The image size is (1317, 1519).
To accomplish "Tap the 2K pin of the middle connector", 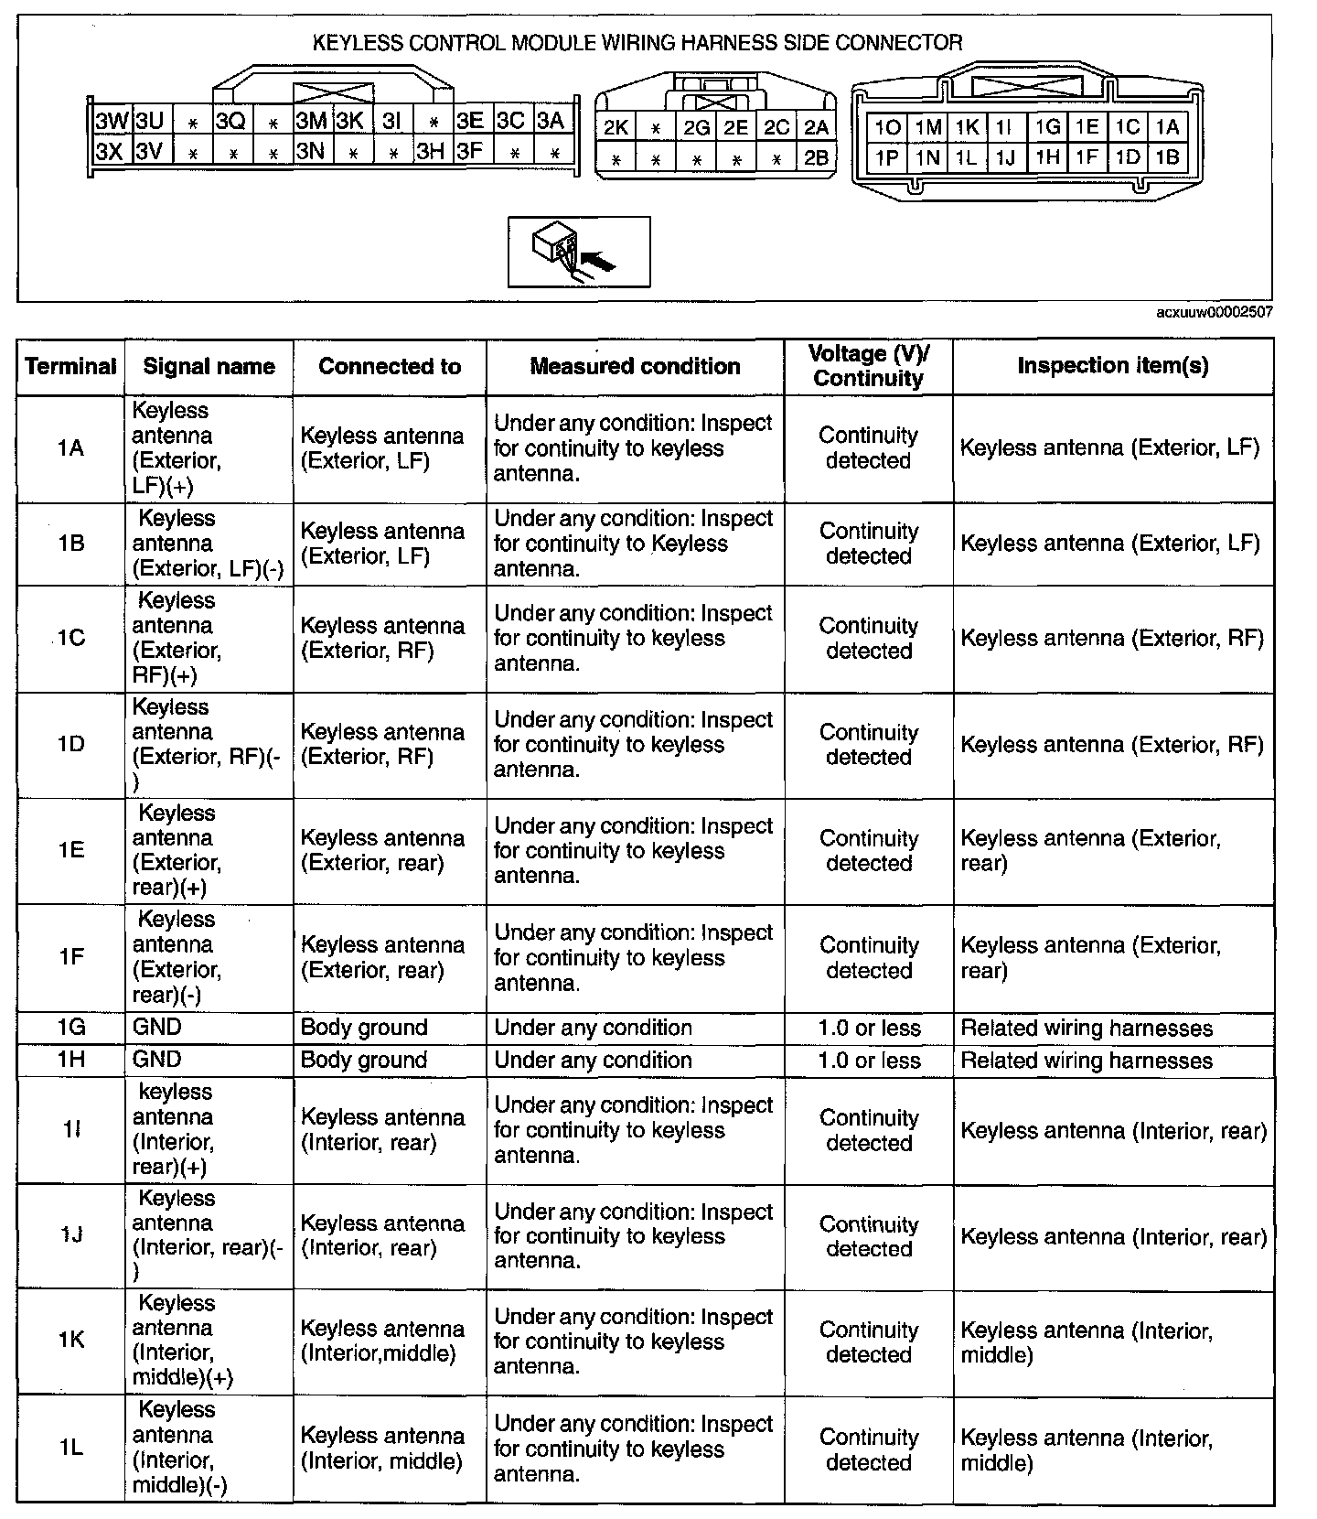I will point(616,128).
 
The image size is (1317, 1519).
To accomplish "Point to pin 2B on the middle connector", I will point(816,158).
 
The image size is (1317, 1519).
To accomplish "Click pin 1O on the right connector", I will point(887,128).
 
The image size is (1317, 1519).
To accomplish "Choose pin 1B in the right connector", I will point(1167,157).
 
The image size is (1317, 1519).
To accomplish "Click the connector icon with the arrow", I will point(578,252).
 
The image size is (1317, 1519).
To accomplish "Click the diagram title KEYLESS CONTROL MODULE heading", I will point(637,43).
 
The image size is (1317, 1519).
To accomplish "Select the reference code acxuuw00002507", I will point(1214,312).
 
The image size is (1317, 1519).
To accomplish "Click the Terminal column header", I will point(71,367).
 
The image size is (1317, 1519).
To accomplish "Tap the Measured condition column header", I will point(635,367).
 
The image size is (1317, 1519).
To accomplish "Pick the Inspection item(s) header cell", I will point(1112,366).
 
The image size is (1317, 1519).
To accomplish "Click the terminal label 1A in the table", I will point(70,448).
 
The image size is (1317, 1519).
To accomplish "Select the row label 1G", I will point(70,1028).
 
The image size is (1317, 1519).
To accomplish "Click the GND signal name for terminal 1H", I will point(157,1060).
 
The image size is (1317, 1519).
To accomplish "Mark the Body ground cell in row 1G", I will point(364,1028).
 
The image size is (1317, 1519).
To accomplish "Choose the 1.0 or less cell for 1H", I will point(869,1061).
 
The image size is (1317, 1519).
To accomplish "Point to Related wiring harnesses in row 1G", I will point(1087,1029).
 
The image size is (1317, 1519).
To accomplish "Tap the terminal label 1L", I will point(70,1448).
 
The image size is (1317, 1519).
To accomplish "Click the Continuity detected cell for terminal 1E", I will point(868,851).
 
